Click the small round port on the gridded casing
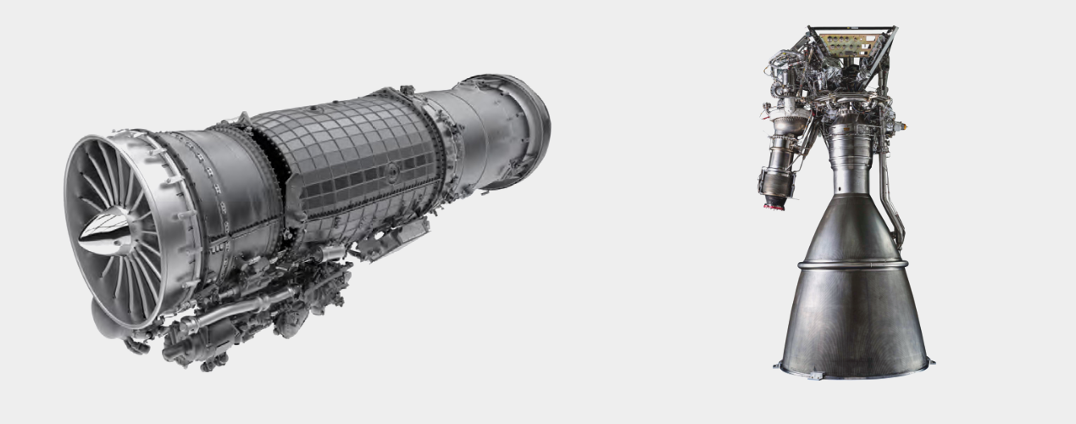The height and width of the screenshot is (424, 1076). click(x=392, y=173)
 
